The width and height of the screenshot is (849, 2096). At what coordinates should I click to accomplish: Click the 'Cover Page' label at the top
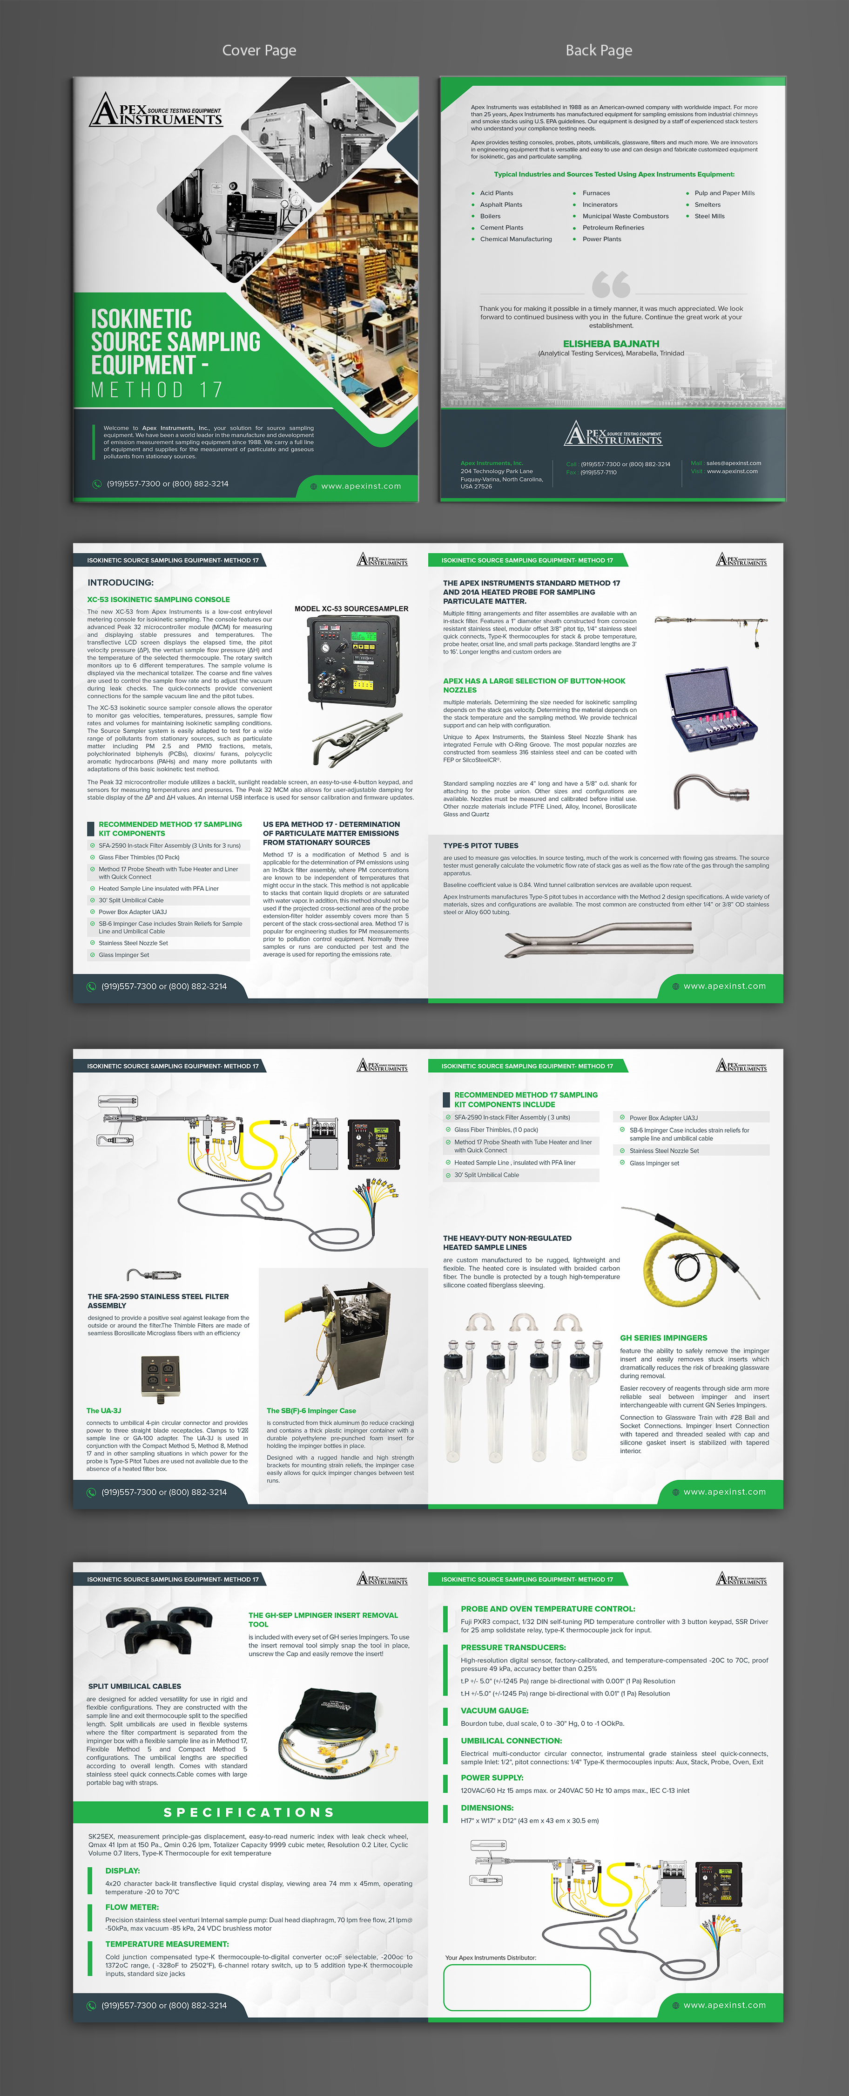tap(259, 50)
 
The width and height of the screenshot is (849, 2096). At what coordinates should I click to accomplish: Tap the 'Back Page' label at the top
tap(599, 50)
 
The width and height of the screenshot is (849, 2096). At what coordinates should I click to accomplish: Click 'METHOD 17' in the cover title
tap(156, 390)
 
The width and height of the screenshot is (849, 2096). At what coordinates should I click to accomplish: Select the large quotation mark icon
tap(611, 284)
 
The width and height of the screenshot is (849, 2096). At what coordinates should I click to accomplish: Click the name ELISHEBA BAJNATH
tap(611, 343)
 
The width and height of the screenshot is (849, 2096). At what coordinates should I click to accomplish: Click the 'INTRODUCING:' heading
tap(121, 583)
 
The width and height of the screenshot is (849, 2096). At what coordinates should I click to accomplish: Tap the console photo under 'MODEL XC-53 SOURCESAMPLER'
tap(353, 659)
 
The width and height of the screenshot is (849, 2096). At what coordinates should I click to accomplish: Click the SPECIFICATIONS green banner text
tap(249, 1812)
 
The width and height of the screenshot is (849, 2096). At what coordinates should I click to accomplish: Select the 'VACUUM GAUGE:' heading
tap(494, 1710)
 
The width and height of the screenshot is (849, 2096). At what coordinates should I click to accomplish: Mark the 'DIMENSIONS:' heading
tap(487, 1807)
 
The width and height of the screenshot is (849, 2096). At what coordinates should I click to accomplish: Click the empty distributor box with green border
tap(516, 1987)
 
